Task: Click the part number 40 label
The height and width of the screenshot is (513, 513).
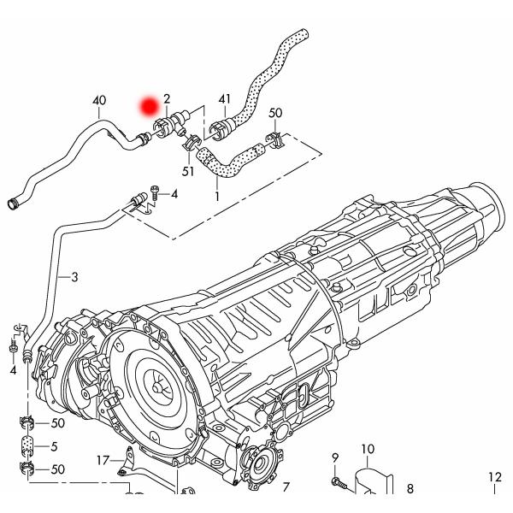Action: click(99, 101)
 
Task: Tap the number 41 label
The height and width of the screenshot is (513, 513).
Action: click(225, 101)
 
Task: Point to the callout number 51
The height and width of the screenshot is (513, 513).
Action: click(188, 171)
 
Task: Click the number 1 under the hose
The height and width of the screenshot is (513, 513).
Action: click(217, 196)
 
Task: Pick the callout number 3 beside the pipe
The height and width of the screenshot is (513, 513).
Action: click(74, 277)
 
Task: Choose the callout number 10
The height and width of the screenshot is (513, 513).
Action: click(367, 449)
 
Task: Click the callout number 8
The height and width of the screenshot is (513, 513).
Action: click(410, 489)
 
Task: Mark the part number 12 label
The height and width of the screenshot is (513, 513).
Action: click(495, 477)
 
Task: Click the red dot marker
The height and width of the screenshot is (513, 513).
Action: click(151, 106)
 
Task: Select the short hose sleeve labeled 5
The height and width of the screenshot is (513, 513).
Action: click(27, 445)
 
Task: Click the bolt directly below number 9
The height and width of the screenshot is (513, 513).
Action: click(339, 483)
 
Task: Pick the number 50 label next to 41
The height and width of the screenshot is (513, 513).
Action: click(275, 113)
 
